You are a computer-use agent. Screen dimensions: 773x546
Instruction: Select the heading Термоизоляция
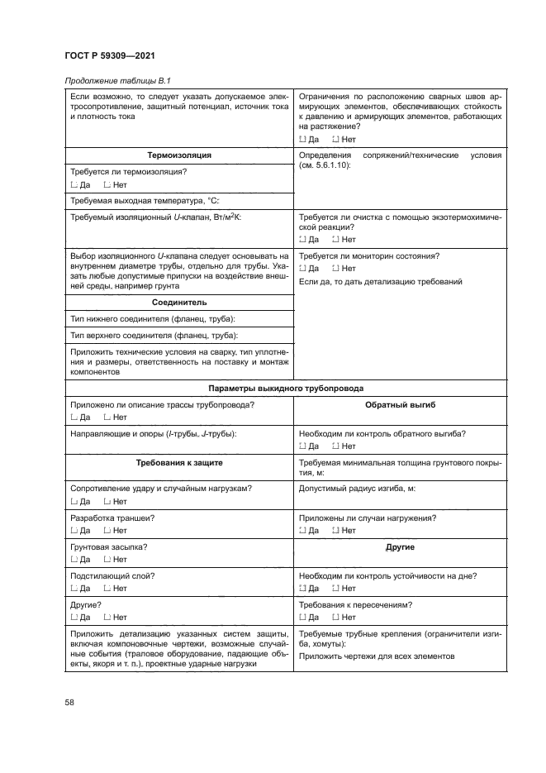pos(179,155)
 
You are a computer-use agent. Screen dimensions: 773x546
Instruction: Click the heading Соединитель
pos(179,303)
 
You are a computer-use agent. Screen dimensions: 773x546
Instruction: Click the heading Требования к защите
pos(179,464)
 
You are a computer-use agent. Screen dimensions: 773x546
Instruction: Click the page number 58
pos(69,702)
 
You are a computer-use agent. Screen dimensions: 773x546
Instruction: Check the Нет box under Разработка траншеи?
pos(107,530)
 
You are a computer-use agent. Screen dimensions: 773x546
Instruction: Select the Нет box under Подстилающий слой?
pos(107,588)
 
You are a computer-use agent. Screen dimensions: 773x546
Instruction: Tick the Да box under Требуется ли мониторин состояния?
pos(302,269)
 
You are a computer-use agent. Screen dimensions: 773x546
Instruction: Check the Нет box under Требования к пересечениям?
pos(335,617)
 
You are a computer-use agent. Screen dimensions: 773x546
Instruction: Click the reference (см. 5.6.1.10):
pos(325,165)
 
